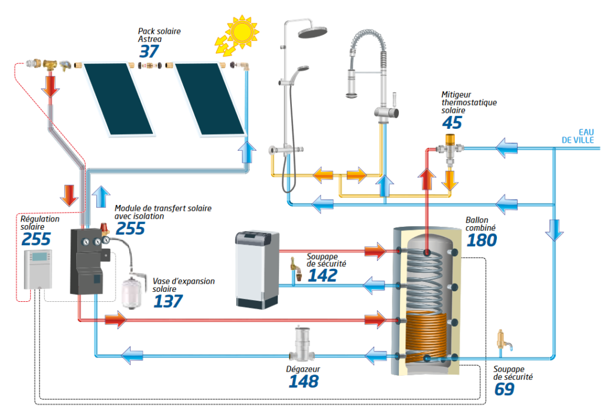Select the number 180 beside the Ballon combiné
click(x=482, y=240)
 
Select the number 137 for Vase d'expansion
click(x=168, y=301)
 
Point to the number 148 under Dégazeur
click(x=303, y=382)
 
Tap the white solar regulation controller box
click(x=37, y=269)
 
